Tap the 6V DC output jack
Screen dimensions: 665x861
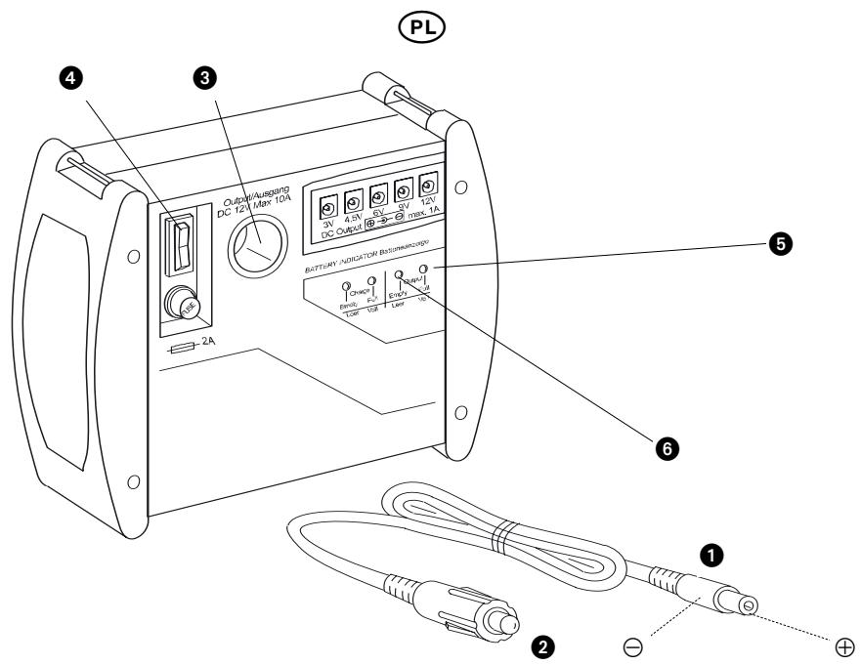[379, 194]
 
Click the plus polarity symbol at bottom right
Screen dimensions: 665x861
[844, 646]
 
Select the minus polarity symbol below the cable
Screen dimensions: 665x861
[633, 645]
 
